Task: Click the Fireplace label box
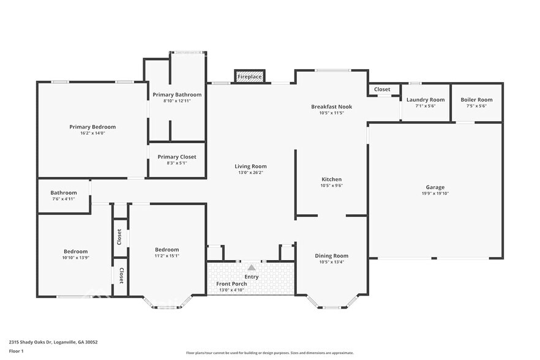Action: (250, 77)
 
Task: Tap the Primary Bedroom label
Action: (92, 127)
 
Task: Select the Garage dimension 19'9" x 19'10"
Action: (435, 193)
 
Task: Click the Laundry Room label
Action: (426, 100)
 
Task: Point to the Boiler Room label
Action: (476, 100)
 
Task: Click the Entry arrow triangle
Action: (252, 268)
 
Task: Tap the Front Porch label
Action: (231, 283)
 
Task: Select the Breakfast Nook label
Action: (331, 107)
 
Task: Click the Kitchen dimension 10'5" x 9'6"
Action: (331, 186)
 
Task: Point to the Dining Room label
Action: (331, 255)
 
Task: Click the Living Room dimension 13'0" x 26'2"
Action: (250, 173)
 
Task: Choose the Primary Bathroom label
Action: (177, 95)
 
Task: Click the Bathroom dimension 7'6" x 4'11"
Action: (64, 198)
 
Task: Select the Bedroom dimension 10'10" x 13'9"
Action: (76, 257)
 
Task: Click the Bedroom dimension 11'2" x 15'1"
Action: (167, 256)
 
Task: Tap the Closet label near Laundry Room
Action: (382, 89)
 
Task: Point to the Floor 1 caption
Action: (16, 351)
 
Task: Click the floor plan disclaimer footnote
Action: (269, 353)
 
